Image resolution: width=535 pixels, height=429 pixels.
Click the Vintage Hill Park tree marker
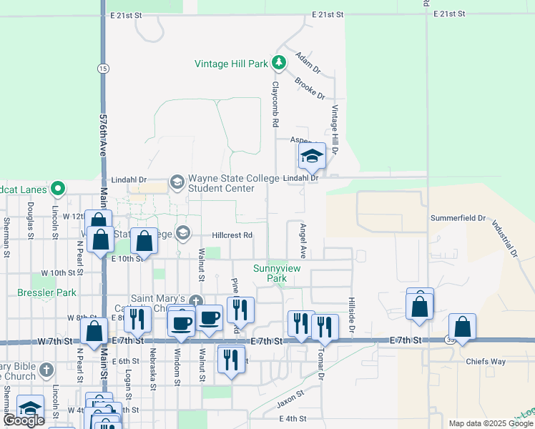(279, 64)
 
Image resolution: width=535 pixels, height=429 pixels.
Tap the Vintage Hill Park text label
(231, 64)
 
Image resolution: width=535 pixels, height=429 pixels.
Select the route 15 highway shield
(104, 68)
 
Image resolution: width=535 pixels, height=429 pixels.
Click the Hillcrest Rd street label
(232, 235)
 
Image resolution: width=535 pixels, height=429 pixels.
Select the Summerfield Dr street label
(458, 217)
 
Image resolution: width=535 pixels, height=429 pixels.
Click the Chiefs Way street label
(506, 362)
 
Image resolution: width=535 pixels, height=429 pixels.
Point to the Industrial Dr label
(504, 238)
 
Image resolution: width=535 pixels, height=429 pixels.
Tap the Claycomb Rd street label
(274, 104)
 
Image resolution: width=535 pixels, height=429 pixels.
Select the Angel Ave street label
(303, 240)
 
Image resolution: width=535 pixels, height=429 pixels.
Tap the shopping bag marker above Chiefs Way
(462, 327)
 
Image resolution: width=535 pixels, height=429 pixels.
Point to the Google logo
(24, 420)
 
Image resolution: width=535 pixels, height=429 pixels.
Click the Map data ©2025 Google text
(491, 423)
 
